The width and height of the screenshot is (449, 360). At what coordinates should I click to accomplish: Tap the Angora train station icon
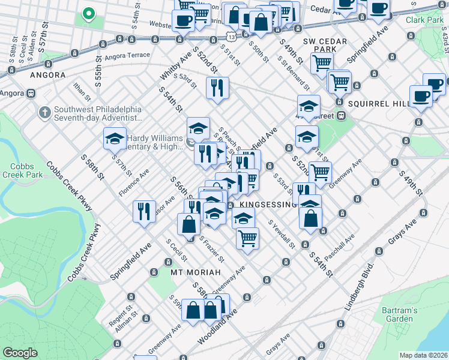29,94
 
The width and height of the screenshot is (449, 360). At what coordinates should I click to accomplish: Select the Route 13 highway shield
232,37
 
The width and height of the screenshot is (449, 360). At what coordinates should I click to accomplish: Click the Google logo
20,352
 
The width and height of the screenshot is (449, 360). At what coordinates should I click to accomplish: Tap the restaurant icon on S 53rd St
217,87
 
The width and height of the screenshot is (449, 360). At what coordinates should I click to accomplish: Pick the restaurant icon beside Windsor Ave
143,211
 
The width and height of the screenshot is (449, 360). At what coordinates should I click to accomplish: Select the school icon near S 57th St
115,139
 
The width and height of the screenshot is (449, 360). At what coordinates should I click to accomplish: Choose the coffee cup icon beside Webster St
183,20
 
